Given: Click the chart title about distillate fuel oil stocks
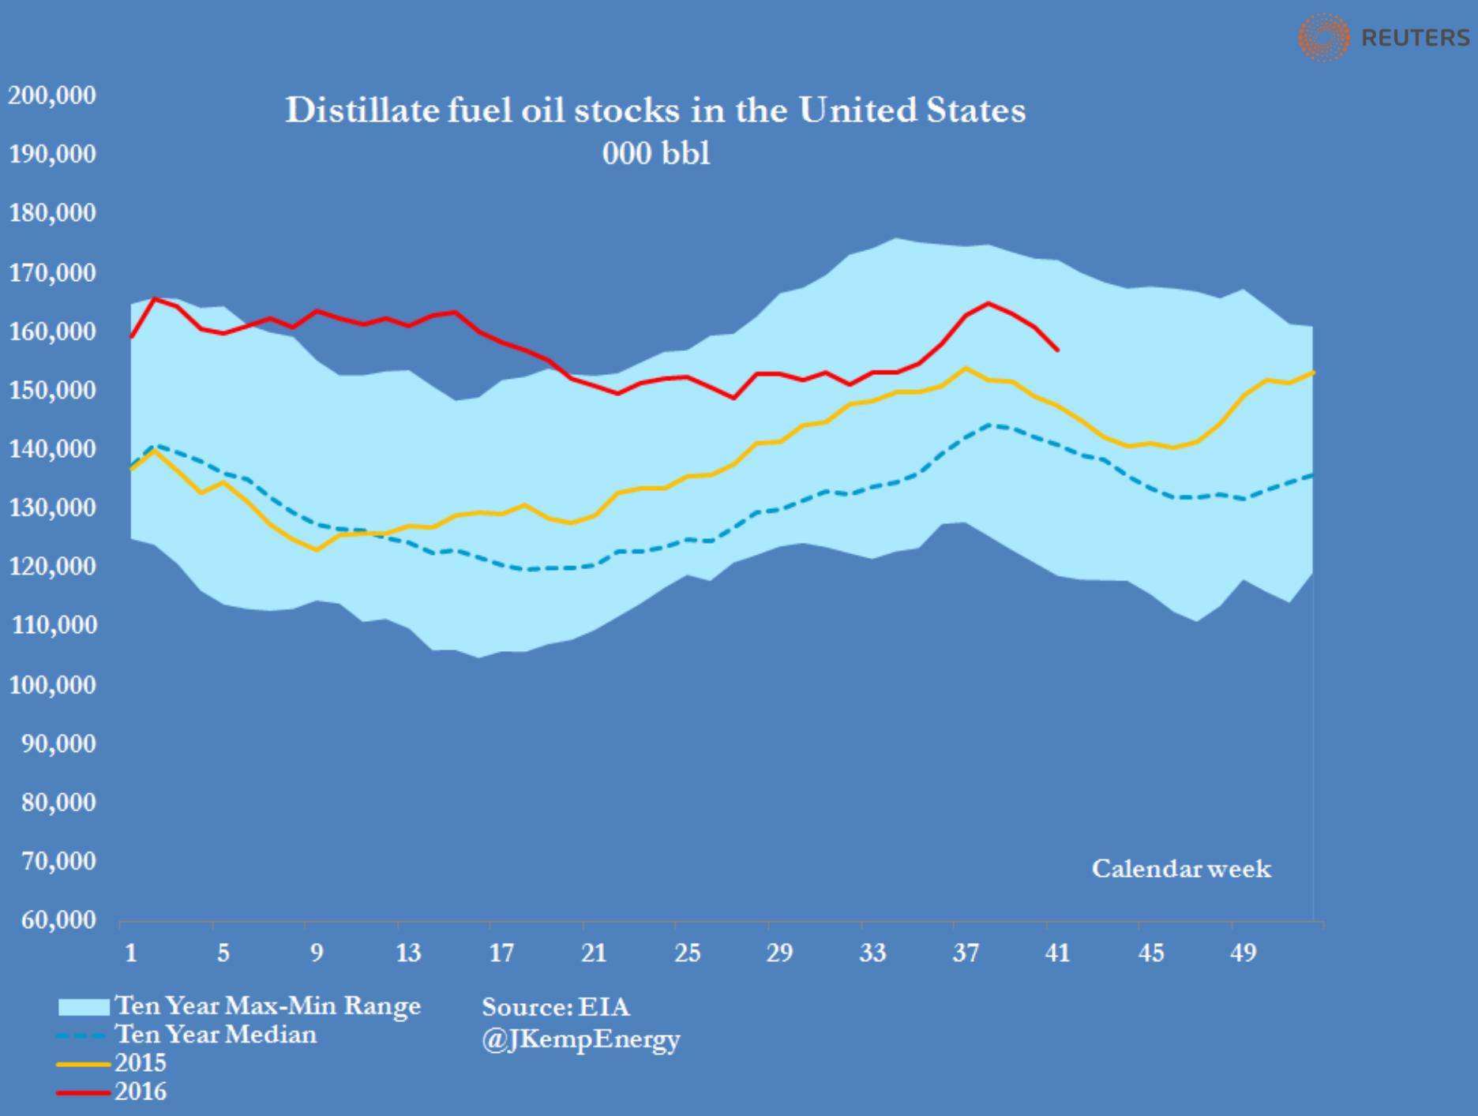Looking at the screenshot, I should click(x=655, y=110).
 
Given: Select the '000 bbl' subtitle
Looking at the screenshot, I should click(x=656, y=153).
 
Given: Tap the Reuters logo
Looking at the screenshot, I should click(x=1384, y=37).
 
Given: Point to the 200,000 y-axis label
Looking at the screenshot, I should click(x=52, y=95).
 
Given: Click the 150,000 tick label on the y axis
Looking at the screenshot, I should click(x=52, y=390).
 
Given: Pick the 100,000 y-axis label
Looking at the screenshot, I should click(x=52, y=684).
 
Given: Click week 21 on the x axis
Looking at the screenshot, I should click(x=594, y=953).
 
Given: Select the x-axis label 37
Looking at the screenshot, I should click(x=966, y=953).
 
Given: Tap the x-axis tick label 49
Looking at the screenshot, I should click(x=1244, y=953).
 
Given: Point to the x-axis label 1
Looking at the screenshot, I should click(x=131, y=953).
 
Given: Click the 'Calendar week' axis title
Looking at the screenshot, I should click(x=1181, y=869).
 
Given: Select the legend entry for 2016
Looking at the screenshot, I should click(x=141, y=1092).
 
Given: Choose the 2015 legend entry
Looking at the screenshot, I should click(x=141, y=1063).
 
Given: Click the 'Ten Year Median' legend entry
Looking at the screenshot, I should click(x=216, y=1034).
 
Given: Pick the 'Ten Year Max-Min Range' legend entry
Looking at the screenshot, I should click(x=268, y=1006).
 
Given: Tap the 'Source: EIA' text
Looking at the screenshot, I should click(x=556, y=1007).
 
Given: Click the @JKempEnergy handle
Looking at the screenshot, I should click(x=581, y=1039).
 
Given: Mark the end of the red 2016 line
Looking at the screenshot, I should click(x=1057, y=350).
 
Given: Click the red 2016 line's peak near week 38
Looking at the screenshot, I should click(x=988, y=303).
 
